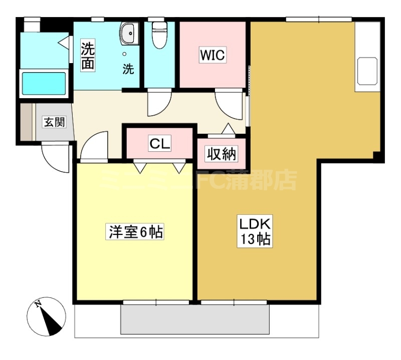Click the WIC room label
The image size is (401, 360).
[212, 55]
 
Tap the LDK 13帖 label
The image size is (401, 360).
[255, 231]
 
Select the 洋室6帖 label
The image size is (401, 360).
[135, 232]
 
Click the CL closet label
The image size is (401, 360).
[159, 144]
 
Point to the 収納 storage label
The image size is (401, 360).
[222, 154]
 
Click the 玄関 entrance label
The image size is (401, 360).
[55, 122]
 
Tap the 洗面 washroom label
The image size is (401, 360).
[88, 55]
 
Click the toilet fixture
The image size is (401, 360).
[159, 35]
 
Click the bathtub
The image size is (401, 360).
[44, 83]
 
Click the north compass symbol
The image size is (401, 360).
[46, 317]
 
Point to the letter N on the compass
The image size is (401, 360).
[39, 304]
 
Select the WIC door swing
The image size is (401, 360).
[229, 104]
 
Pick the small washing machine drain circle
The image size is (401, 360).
[124, 54]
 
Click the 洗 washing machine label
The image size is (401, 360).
[128, 69]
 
